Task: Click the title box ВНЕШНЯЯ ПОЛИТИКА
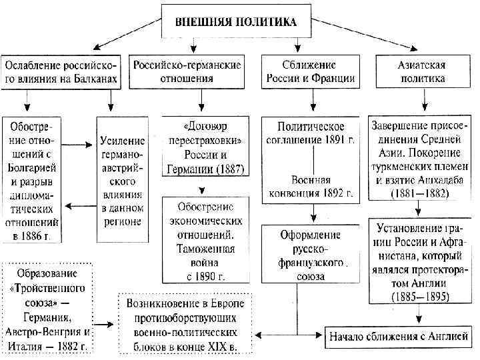point(236,21)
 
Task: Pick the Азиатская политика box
point(423,72)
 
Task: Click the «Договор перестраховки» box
point(203,147)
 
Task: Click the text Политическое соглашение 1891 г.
point(311,133)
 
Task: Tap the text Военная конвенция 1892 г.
point(311,187)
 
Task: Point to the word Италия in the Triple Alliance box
point(24,346)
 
